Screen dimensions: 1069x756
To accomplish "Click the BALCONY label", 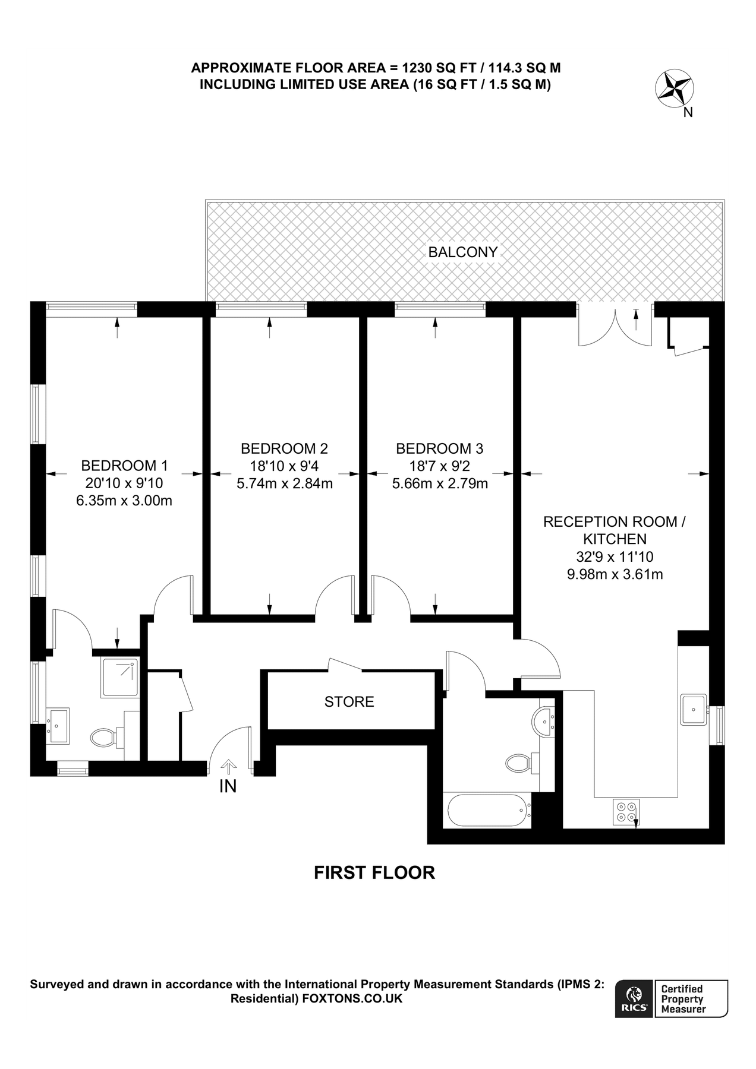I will coord(462,252).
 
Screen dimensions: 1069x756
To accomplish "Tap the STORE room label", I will coord(349,701).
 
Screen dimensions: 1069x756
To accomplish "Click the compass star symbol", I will coord(673,88).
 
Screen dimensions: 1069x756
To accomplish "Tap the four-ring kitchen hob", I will coord(626,811).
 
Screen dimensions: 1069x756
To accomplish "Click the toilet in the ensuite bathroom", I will coord(104,738).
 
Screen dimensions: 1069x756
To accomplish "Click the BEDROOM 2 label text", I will coord(284,448).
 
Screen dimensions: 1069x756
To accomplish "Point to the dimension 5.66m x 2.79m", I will coord(440,483).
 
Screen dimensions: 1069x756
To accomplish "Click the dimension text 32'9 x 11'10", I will coord(615,556).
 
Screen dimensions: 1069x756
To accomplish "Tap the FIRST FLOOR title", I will coord(374,872).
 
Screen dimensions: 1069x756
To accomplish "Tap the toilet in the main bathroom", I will coord(518,762).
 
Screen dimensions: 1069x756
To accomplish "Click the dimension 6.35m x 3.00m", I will coord(124,501).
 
